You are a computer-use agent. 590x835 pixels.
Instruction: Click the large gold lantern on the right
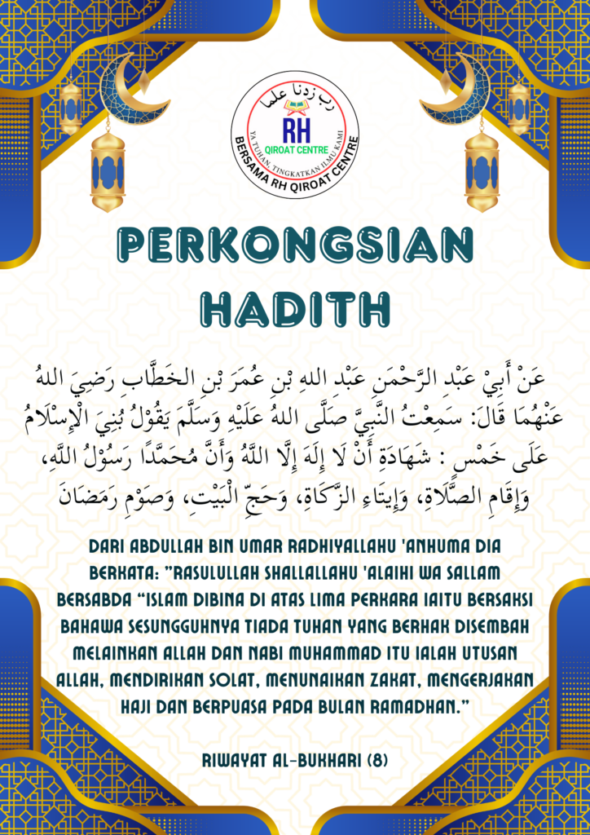(482, 172)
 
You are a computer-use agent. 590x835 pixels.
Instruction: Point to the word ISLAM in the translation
(166, 599)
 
